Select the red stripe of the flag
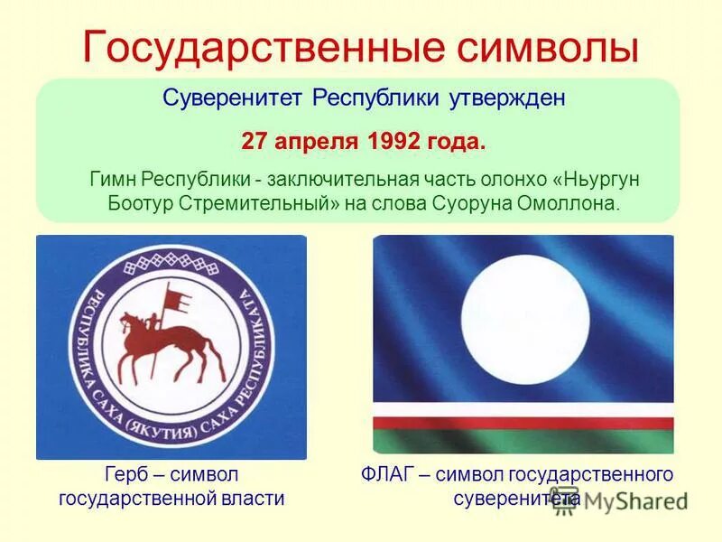tap(523, 423)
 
